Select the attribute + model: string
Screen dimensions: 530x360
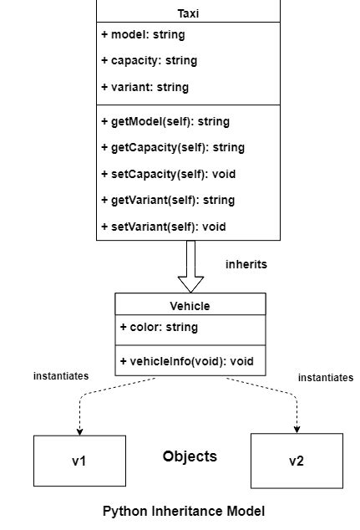143,35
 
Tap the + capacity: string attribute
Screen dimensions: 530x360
148,61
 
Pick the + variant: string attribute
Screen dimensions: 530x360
144,87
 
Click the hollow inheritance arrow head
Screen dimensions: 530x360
190,283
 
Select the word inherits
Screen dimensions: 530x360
246,264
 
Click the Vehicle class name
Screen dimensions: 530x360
190,306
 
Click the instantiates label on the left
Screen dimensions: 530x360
61,376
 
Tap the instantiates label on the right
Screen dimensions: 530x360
326,378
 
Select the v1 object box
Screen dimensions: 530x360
79,461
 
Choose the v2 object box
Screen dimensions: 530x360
297,461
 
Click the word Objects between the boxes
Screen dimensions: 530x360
190,456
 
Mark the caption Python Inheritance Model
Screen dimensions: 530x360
184,510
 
